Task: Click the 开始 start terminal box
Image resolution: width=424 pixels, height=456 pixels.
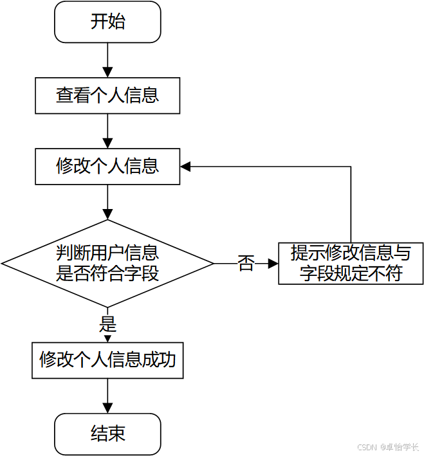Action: pyautogui.click(x=107, y=22)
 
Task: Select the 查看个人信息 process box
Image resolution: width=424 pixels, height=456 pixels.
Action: pyautogui.click(x=107, y=95)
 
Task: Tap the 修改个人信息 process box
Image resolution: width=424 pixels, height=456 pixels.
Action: pyautogui.click(x=107, y=167)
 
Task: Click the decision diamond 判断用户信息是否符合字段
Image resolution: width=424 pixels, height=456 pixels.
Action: pyautogui.click(x=107, y=264)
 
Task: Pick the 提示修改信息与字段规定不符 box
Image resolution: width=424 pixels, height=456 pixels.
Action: pyautogui.click(x=351, y=264)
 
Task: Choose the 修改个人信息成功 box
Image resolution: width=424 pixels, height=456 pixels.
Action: pyautogui.click(x=107, y=360)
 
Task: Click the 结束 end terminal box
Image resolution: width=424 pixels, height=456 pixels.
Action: pyautogui.click(x=107, y=434)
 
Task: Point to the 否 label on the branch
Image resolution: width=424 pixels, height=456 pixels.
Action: pyautogui.click(x=246, y=264)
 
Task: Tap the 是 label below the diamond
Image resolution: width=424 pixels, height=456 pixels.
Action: pyautogui.click(x=107, y=324)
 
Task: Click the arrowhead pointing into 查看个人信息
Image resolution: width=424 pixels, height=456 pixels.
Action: pyautogui.click(x=107, y=73)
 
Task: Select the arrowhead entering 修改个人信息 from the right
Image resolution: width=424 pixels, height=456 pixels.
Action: pyautogui.click(x=185, y=167)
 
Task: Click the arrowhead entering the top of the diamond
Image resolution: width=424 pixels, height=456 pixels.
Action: pyautogui.click(x=107, y=215)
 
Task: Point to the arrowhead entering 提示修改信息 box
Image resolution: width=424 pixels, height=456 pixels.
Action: pyautogui.click(x=273, y=264)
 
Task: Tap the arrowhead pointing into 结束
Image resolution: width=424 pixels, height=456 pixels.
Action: pyautogui.click(x=107, y=408)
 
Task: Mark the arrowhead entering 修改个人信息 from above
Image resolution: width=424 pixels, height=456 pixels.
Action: pyautogui.click(x=107, y=143)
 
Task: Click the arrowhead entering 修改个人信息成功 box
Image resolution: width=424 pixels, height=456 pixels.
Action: pyautogui.click(x=107, y=339)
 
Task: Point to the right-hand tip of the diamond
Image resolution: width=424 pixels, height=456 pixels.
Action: pyautogui.click(x=214, y=264)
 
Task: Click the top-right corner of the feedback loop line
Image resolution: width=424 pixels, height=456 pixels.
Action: pyautogui.click(x=351, y=167)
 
